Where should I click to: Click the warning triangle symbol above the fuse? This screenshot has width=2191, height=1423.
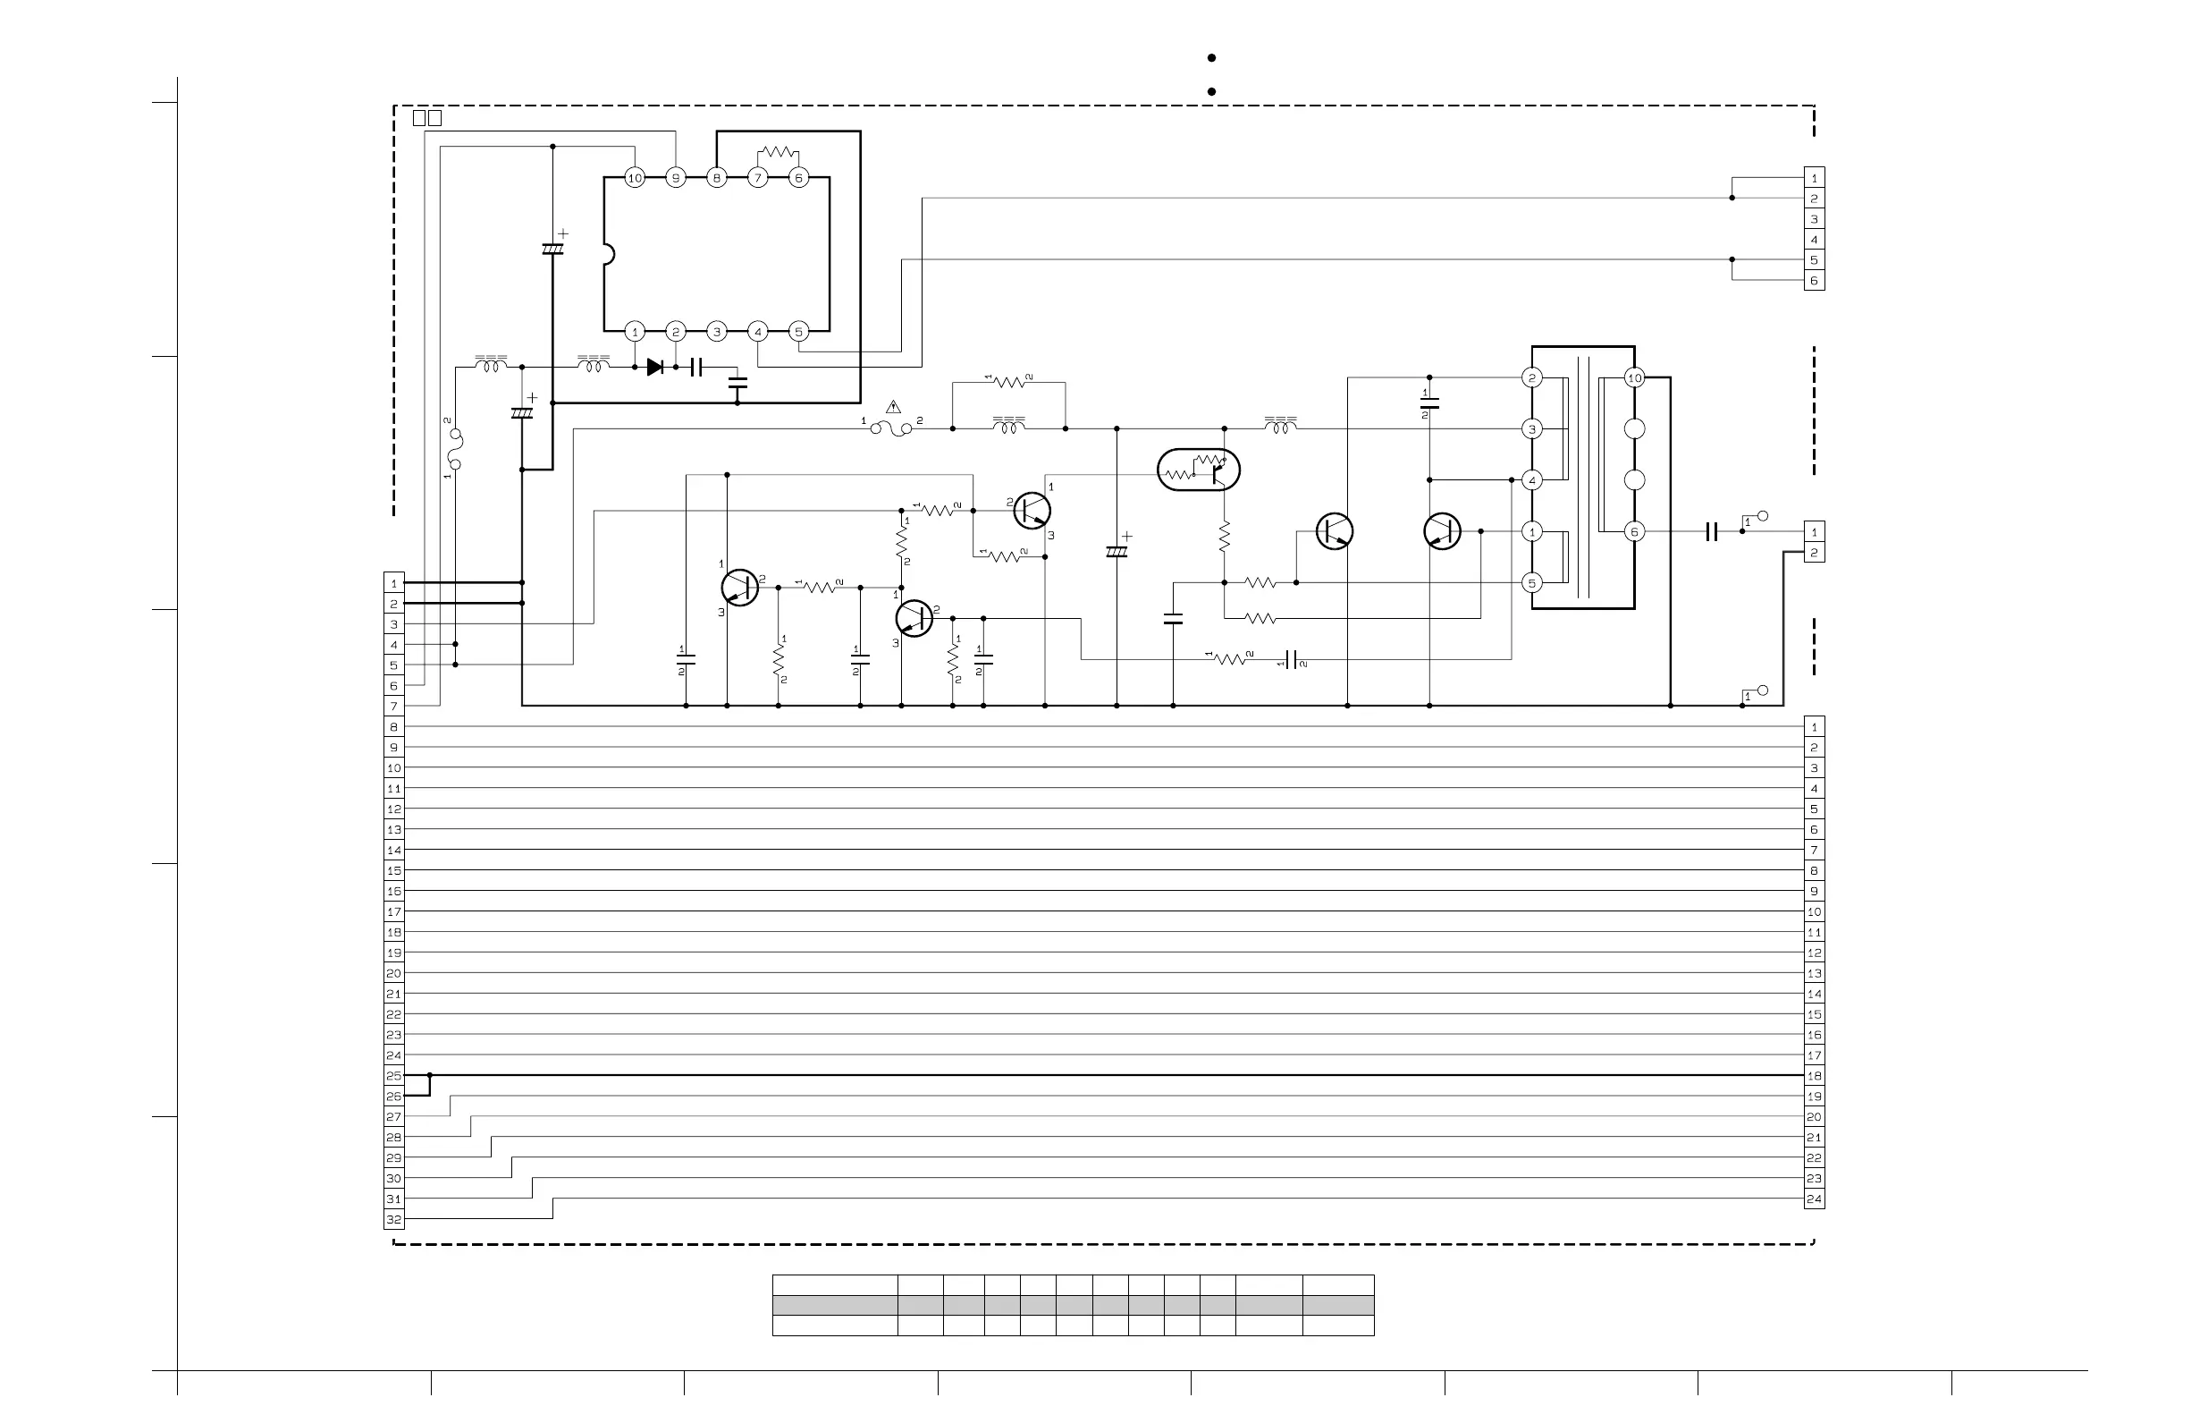pyautogui.click(x=893, y=406)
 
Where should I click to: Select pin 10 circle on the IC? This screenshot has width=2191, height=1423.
pyautogui.click(x=635, y=178)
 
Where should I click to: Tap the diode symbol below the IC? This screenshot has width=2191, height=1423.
pyautogui.click(x=655, y=368)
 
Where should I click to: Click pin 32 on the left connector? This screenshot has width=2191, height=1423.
pyautogui.click(x=394, y=1219)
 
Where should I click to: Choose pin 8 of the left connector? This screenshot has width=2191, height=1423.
pyautogui.click(x=394, y=726)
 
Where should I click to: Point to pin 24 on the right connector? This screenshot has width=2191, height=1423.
pyautogui.click(x=1814, y=1199)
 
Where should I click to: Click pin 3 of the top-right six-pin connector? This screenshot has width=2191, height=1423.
pyautogui.click(x=1814, y=219)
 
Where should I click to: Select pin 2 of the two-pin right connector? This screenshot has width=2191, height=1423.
pyautogui.click(x=1814, y=553)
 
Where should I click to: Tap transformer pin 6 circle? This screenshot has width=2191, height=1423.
pyautogui.click(x=1634, y=531)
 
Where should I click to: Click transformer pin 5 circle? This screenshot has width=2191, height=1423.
pyautogui.click(x=1532, y=582)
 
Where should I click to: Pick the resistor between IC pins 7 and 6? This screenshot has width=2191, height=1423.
pyautogui.click(x=778, y=152)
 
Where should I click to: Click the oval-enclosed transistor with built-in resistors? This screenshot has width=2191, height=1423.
pyautogui.click(x=1199, y=470)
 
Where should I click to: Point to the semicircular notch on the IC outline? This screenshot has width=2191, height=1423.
pyautogui.click(x=608, y=254)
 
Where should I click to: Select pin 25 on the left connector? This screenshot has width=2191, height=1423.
pyautogui.click(x=394, y=1076)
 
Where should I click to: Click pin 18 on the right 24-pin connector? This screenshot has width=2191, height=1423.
pyautogui.click(x=1814, y=1076)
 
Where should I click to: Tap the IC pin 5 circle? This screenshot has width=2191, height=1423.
pyautogui.click(x=798, y=332)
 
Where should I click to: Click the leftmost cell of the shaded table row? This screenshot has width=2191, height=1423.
pyautogui.click(x=834, y=1305)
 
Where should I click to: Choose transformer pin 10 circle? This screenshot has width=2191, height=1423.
pyautogui.click(x=1634, y=377)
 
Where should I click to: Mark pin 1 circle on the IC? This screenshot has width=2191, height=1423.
pyautogui.click(x=635, y=332)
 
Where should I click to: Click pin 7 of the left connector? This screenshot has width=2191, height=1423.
pyautogui.click(x=394, y=707)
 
